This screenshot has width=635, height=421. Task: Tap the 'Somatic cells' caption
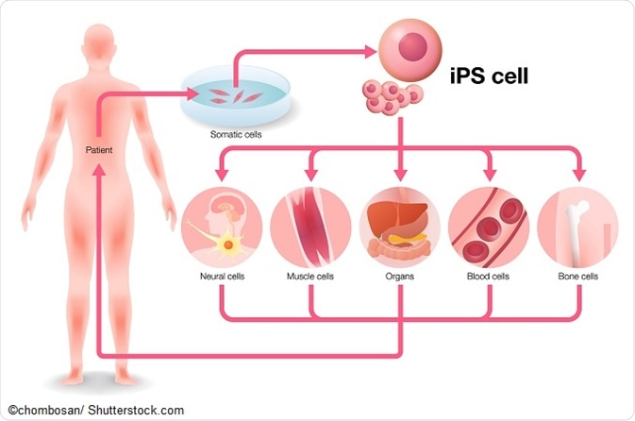point(235,134)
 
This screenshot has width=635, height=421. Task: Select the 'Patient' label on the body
point(100,148)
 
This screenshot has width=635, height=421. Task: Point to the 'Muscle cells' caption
point(310,277)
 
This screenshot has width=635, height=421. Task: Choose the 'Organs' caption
point(400,277)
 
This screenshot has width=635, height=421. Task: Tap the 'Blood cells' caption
point(489,277)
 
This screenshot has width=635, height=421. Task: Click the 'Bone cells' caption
point(577,277)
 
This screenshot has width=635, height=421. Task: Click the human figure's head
point(102,39)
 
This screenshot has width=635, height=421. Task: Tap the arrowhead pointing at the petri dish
point(194,93)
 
